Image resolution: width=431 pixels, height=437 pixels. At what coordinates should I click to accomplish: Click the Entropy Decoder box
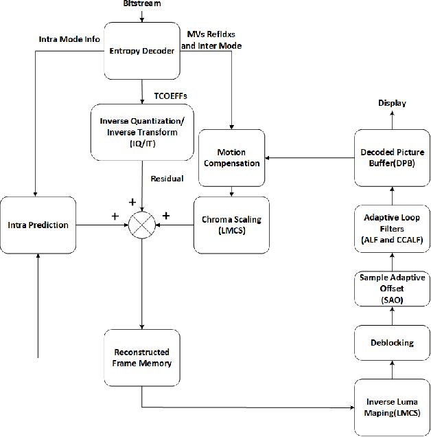click(142, 51)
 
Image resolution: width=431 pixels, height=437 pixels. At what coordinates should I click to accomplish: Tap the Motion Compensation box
click(231, 157)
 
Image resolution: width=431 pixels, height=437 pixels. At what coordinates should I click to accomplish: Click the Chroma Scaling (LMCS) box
click(231, 224)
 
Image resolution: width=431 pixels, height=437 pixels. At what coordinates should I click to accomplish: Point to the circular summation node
click(142, 225)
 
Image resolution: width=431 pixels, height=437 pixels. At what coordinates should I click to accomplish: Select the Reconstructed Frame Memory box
click(142, 357)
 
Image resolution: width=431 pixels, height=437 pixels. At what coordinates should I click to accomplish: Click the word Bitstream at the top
click(142, 5)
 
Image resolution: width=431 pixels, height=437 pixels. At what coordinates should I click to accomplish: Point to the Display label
click(392, 103)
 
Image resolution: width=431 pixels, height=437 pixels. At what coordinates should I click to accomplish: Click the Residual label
click(167, 179)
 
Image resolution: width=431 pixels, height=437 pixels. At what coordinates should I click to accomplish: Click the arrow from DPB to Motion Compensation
click(310, 157)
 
